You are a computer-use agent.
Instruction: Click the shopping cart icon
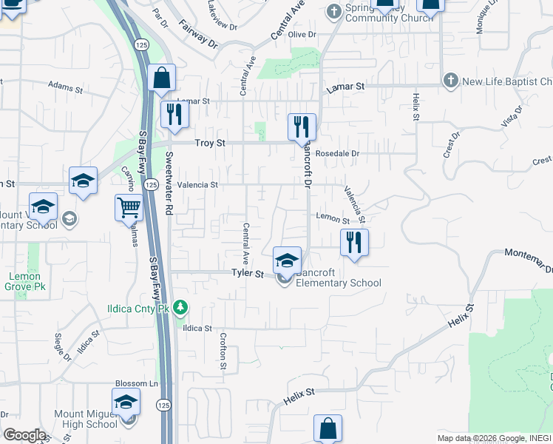[129, 207]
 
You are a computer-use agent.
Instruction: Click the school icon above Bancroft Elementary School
[287, 260]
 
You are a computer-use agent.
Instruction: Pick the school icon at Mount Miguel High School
[126, 402]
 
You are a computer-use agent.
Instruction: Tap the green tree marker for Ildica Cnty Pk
[179, 307]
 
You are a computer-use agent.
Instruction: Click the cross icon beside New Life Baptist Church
[450, 81]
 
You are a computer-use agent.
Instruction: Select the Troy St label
[208, 143]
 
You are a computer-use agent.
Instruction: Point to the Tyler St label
[248, 274]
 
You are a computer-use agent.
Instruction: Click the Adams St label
[66, 87]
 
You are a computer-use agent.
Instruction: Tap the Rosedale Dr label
[336, 154]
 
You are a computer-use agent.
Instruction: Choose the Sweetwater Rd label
[169, 184]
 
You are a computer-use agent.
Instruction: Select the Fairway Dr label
[199, 35]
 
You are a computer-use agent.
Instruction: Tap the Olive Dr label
[302, 35]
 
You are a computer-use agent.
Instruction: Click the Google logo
[24, 435]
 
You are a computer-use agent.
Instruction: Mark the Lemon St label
[332, 219]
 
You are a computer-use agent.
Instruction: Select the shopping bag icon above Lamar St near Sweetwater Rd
[161, 77]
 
